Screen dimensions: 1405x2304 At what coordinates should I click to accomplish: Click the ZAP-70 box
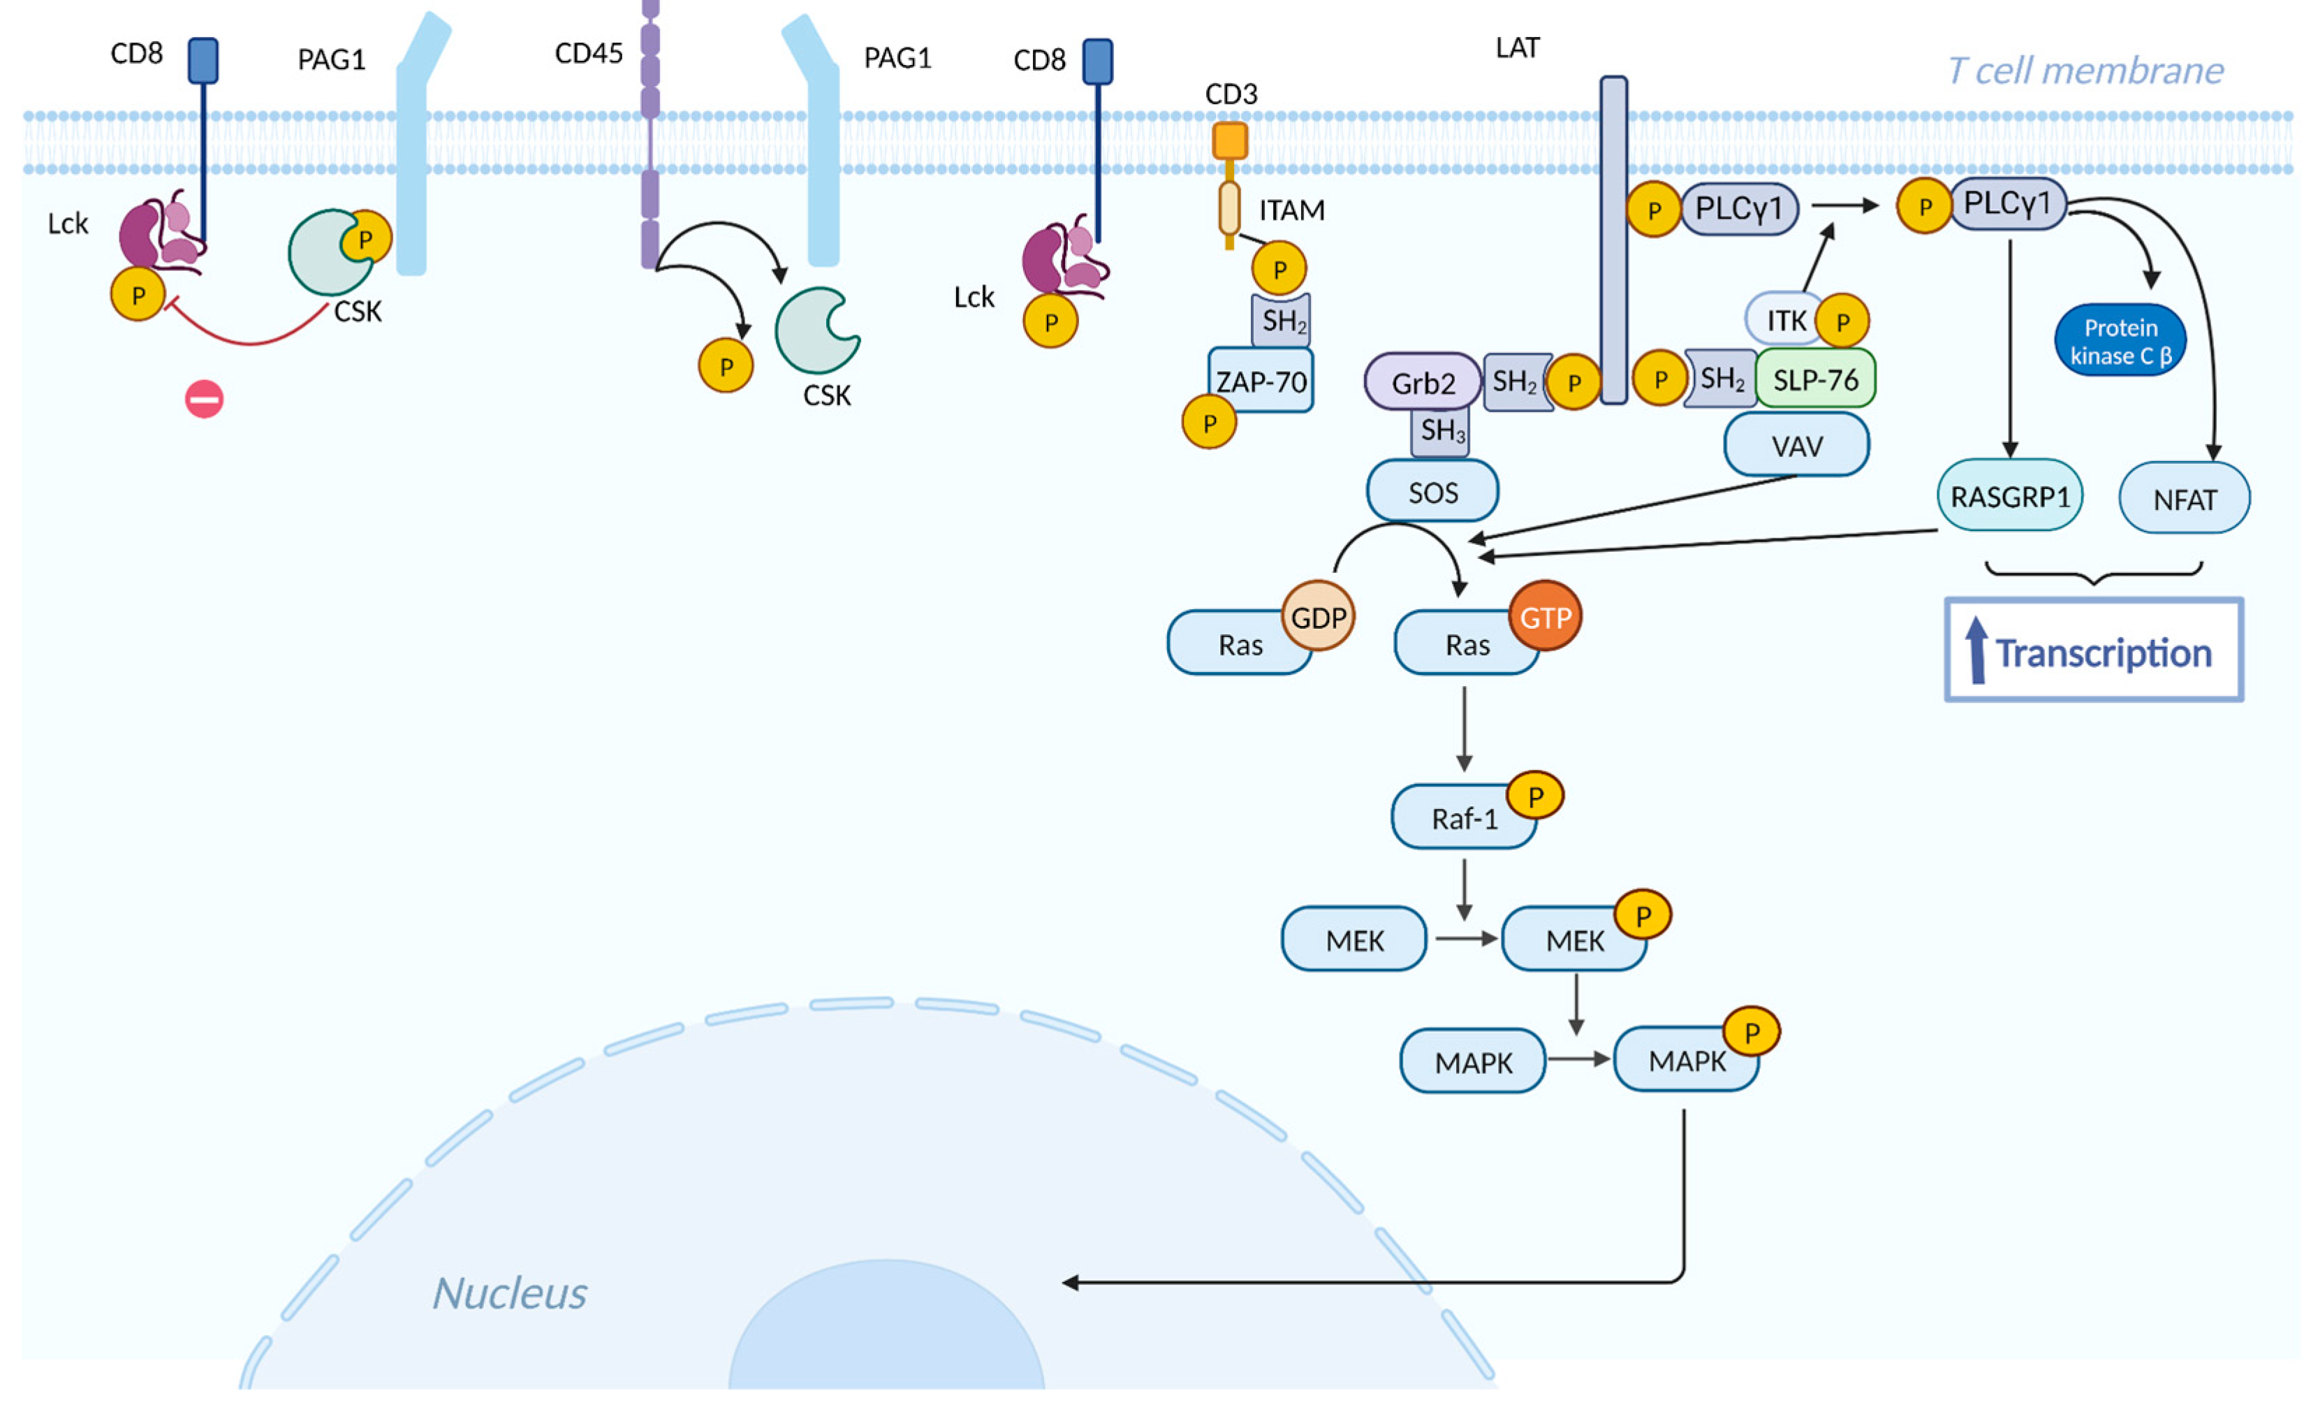click(1261, 381)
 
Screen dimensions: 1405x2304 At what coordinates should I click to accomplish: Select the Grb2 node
click(1422, 383)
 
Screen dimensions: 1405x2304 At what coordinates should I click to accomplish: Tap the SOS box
click(1432, 492)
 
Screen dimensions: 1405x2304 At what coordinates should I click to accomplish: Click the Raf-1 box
click(1463, 819)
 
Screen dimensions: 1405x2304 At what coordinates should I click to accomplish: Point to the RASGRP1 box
click(2009, 496)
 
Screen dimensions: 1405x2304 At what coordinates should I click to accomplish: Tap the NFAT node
click(2185, 500)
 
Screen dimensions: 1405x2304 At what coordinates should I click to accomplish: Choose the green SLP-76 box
click(1815, 379)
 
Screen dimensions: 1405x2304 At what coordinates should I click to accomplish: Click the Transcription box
click(2094, 651)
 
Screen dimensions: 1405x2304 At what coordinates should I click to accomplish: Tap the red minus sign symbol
click(204, 400)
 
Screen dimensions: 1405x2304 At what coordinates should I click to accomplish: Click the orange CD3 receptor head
click(1230, 140)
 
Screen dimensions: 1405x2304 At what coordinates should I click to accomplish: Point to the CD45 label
click(588, 53)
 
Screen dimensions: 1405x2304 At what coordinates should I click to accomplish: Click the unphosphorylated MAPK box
click(1473, 1062)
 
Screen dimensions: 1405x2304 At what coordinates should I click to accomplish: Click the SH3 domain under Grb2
click(1441, 431)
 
